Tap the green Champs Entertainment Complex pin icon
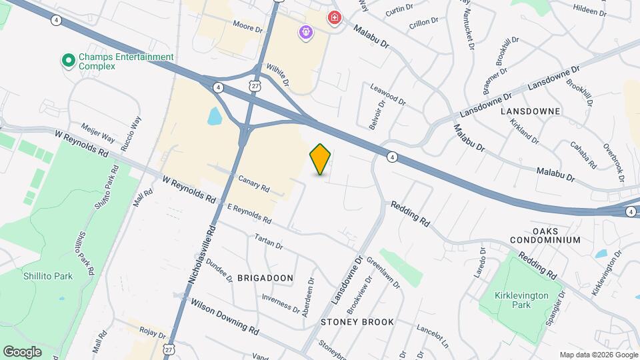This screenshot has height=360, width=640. point(67,61)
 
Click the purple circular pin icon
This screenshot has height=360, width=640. point(306,31)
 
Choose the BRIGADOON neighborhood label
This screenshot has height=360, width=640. point(265,277)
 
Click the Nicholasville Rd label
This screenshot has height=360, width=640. point(202,256)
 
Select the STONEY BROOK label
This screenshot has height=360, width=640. point(357,322)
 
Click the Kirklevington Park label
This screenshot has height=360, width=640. point(522,299)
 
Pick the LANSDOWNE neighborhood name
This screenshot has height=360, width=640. point(531,111)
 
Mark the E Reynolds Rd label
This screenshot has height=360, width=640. point(249,213)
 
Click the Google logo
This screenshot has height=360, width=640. point(22,351)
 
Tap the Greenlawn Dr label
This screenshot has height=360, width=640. point(383,274)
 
